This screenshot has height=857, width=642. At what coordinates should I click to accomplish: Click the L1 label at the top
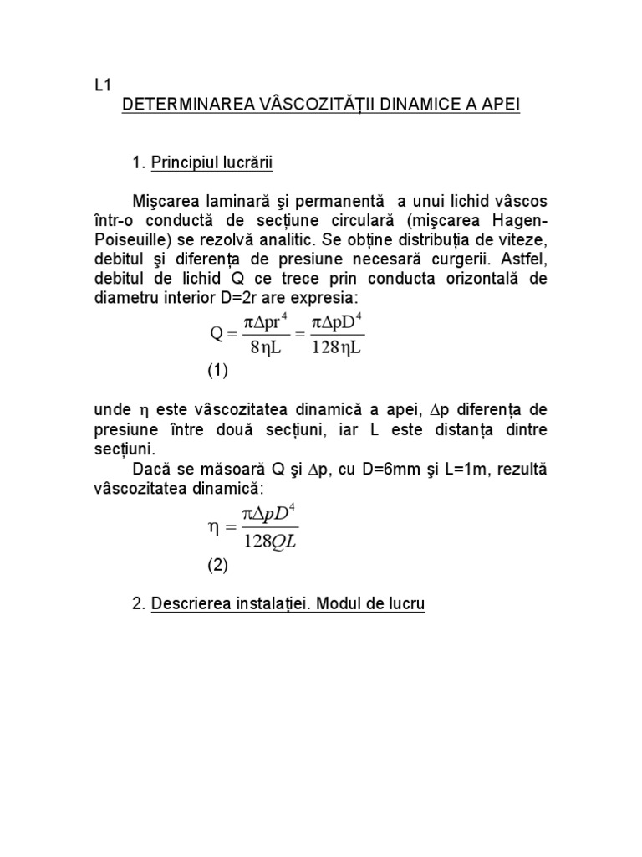pyautogui.click(x=101, y=85)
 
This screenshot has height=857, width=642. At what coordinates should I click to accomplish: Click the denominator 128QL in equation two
pyautogui.click(x=270, y=541)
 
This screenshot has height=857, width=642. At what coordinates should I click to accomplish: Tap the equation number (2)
pyautogui.click(x=217, y=565)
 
